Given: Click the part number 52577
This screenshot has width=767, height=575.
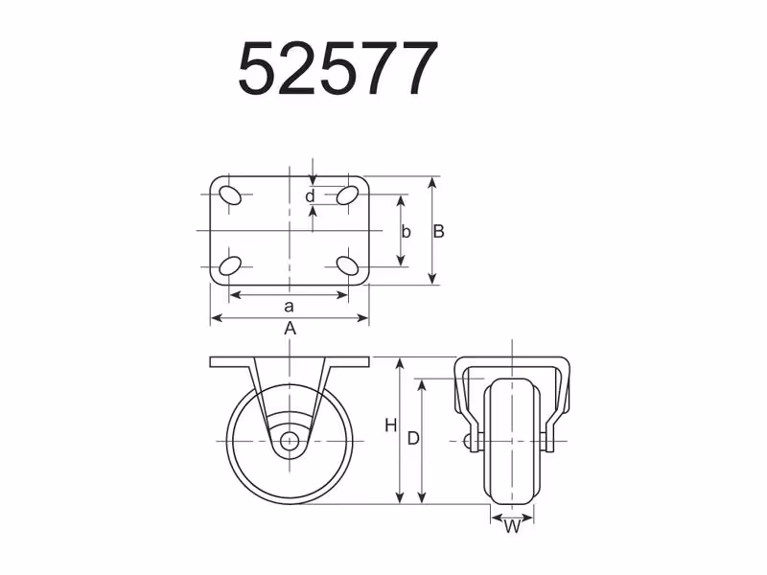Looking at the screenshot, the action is coord(337,68).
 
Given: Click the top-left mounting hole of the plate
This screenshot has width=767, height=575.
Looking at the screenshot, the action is coord(230,195).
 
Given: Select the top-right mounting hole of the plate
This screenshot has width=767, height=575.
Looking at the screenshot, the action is coord(348,195).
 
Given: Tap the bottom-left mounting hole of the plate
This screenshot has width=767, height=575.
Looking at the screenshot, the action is coord(229,266).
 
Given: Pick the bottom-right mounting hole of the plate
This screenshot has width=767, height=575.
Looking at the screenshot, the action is coord(348,265).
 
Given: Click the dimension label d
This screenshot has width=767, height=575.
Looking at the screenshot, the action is coord(310,196).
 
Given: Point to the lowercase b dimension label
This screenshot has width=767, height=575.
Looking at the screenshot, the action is coord(406,232).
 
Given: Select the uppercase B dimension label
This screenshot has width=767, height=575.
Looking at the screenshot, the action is coord(438,231).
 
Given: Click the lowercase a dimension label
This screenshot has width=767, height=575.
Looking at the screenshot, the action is coord(290,307).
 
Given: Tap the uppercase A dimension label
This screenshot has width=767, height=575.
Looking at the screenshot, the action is coord(291,328).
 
